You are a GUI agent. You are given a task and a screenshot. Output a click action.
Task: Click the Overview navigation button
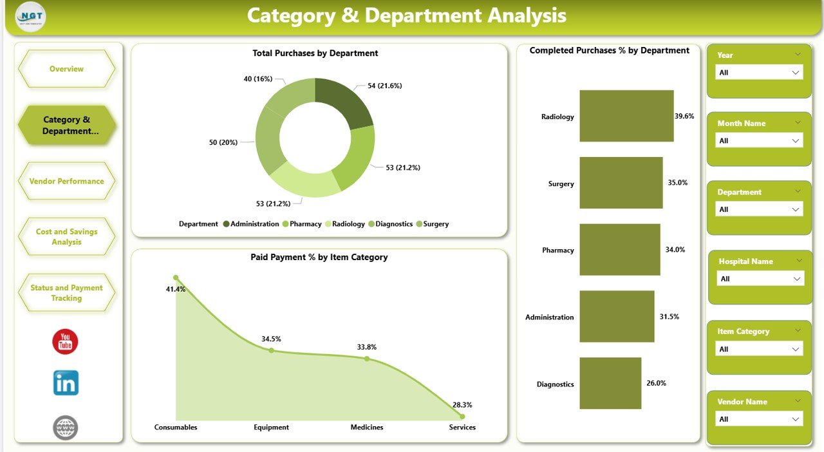[x=67, y=69]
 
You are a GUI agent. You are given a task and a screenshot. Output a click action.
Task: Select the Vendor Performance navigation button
[x=67, y=181]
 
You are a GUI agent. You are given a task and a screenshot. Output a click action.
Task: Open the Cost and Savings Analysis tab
[x=67, y=237]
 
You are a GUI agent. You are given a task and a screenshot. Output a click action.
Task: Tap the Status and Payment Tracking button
[x=67, y=293]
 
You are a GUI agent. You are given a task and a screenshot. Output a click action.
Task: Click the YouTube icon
[x=65, y=342]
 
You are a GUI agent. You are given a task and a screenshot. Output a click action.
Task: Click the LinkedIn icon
[x=66, y=383]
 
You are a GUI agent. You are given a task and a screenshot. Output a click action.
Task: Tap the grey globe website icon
[x=66, y=428]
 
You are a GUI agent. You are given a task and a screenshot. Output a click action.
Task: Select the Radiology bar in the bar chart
[x=626, y=116]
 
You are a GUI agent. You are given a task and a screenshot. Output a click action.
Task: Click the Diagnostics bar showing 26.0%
[x=610, y=383]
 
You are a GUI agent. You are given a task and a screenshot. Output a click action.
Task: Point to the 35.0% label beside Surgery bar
[x=677, y=183]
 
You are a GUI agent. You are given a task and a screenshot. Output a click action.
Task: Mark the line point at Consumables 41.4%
[x=176, y=278]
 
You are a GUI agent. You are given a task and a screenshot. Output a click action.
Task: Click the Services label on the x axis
[x=462, y=427]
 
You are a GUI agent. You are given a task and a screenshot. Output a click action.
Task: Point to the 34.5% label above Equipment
[x=271, y=339]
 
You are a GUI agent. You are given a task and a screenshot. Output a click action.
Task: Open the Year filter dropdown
[x=759, y=73]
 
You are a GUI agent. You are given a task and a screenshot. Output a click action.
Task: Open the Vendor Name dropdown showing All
[x=759, y=419]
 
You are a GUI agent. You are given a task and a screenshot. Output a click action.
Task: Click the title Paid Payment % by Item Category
[x=319, y=257]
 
